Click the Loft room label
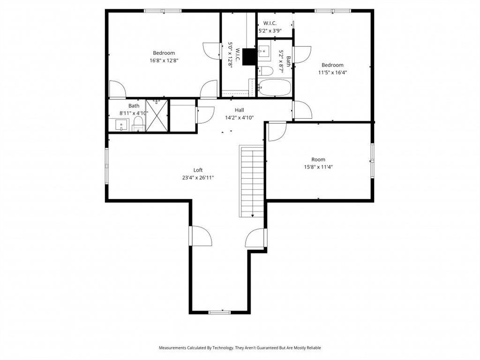click(x=198, y=170)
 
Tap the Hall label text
click(x=240, y=110)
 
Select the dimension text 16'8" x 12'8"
click(x=164, y=60)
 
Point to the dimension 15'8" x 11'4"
click(x=318, y=167)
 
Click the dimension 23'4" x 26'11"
click(x=198, y=178)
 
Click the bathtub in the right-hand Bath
click(x=275, y=88)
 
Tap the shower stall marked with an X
click(x=157, y=116)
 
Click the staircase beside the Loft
click(x=251, y=182)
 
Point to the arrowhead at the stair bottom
click(x=253, y=216)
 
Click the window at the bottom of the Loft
click(x=219, y=312)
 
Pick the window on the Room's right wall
click(x=372, y=161)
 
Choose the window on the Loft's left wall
click(x=107, y=166)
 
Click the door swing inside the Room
click(x=277, y=132)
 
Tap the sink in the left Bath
click(x=121, y=125)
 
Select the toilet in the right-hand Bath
click(x=265, y=71)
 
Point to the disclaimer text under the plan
click(x=240, y=348)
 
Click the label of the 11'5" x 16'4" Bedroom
click(x=332, y=65)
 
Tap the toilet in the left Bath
click(x=139, y=124)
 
